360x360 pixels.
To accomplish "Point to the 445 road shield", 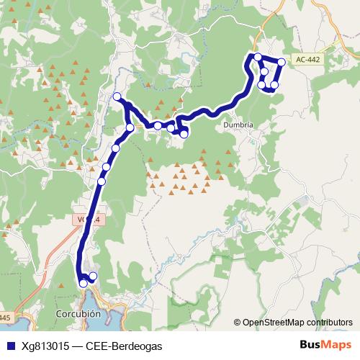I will pyautogui.click(x=5, y=318).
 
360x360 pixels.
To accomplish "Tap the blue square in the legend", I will pyautogui.click(x=10, y=346).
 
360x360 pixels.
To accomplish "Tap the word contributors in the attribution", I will pyautogui.click(x=328, y=323).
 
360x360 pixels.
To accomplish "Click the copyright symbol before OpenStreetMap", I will pyautogui.click(x=238, y=323).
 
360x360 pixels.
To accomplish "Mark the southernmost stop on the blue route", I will pyautogui.click(x=84, y=284).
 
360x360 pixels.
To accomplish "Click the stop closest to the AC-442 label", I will pyautogui.click(x=282, y=63).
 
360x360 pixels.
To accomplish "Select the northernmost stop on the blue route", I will pyautogui.click(x=258, y=57).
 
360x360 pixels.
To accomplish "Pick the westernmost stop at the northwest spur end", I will pyautogui.click(x=117, y=96).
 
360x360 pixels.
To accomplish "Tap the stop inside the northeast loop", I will pyautogui.click(x=265, y=71).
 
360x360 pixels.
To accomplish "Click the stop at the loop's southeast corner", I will pyautogui.click(x=274, y=86).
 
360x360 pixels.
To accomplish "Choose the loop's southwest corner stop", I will pyautogui.click(x=262, y=85).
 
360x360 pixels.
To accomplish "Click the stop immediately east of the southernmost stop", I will pyautogui.click(x=93, y=276).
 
